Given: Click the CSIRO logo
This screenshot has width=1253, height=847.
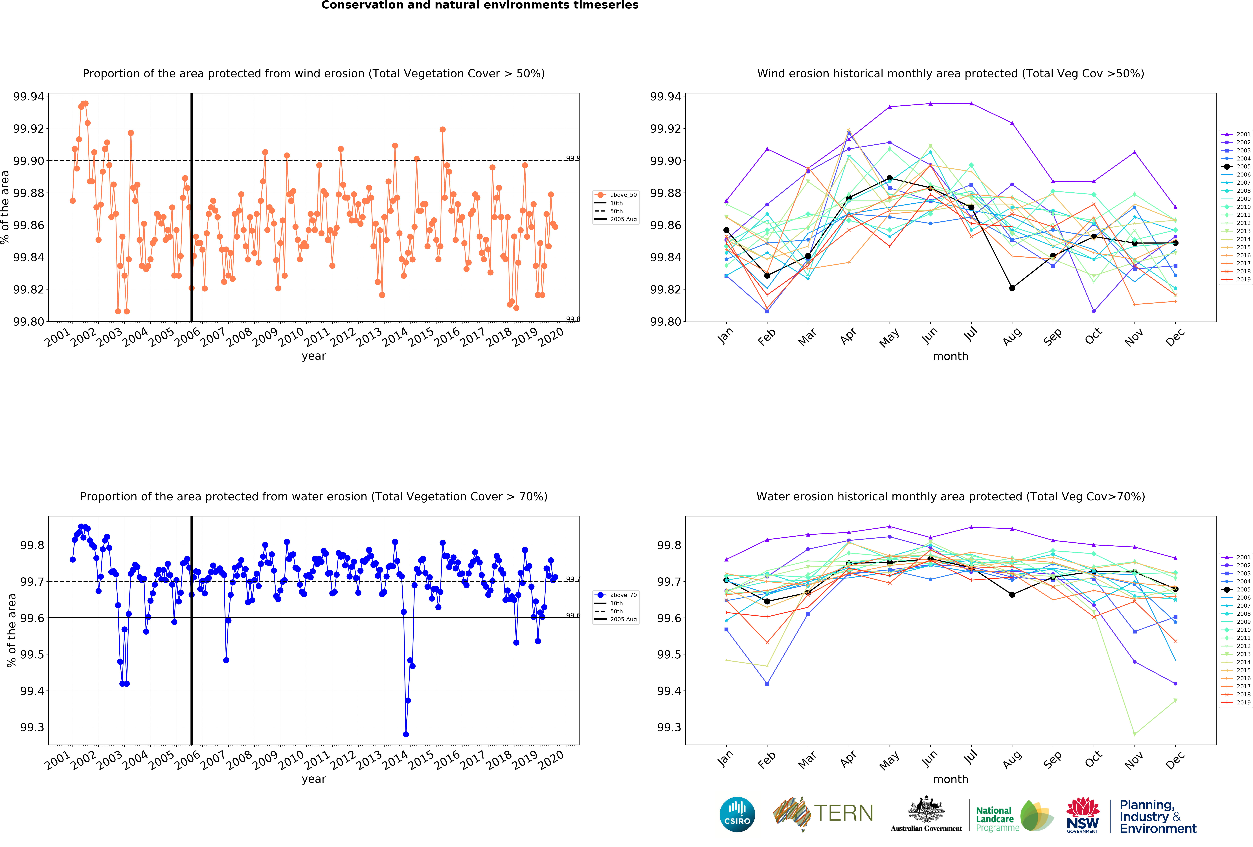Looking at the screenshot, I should pos(737,814).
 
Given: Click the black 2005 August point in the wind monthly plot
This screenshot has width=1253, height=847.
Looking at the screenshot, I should pos(1012,288).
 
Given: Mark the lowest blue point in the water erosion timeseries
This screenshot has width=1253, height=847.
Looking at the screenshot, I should pos(406,734).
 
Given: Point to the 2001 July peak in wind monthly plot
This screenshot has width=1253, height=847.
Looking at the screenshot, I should pos(972,104).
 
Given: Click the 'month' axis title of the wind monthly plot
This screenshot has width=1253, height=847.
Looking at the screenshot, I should pos(951,357).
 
